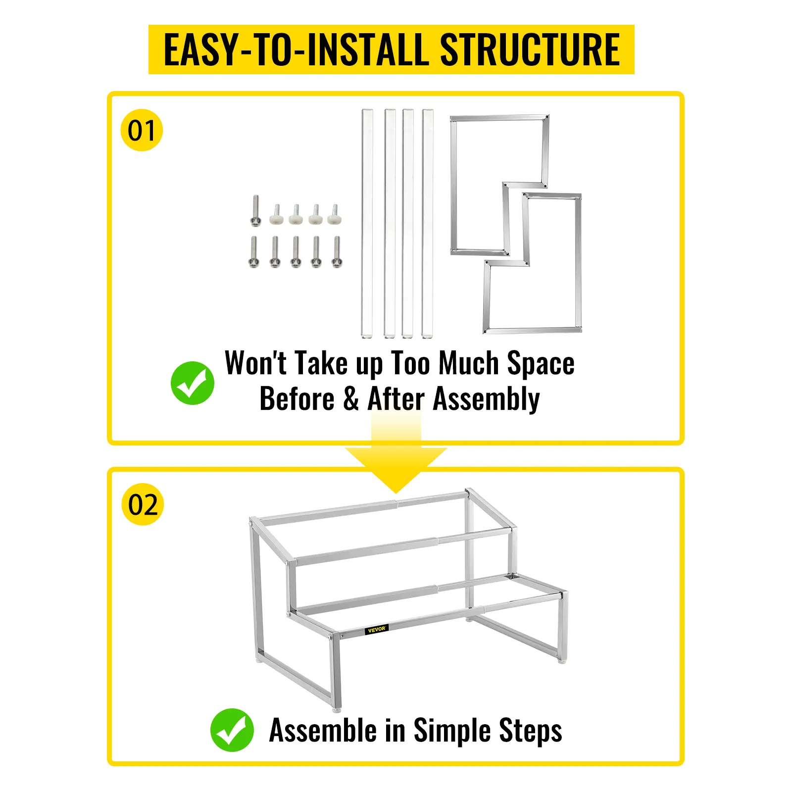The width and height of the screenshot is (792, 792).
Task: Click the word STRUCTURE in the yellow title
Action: pyautogui.click(x=530, y=49)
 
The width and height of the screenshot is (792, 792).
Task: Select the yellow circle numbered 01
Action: pyautogui.click(x=142, y=130)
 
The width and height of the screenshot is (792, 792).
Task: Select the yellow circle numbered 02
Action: pyautogui.click(x=143, y=504)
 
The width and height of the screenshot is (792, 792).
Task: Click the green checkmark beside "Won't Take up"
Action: pyautogui.click(x=193, y=383)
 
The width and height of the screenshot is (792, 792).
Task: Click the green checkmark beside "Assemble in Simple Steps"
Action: pyautogui.click(x=232, y=730)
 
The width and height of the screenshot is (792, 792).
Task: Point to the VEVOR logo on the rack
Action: pyautogui.click(x=377, y=630)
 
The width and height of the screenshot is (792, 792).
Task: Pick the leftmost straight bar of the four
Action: pyautogui.click(x=367, y=224)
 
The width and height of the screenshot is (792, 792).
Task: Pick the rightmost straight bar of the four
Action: pyautogui.click(x=428, y=224)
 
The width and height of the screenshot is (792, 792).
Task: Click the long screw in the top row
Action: pyautogui.click(x=255, y=211)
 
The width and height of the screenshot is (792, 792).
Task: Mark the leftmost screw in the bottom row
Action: pyautogui.click(x=254, y=252)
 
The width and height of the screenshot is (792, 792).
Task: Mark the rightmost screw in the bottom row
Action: pyautogui.click(x=337, y=252)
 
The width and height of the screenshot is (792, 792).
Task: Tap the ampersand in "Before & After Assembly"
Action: pyautogui.click(x=351, y=399)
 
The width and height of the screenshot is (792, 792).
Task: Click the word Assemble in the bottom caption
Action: pyautogui.click(x=323, y=730)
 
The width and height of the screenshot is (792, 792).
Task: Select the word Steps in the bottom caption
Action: pyautogui.click(x=531, y=732)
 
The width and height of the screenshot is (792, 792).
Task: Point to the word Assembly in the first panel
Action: pyautogui.click(x=486, y=400)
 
